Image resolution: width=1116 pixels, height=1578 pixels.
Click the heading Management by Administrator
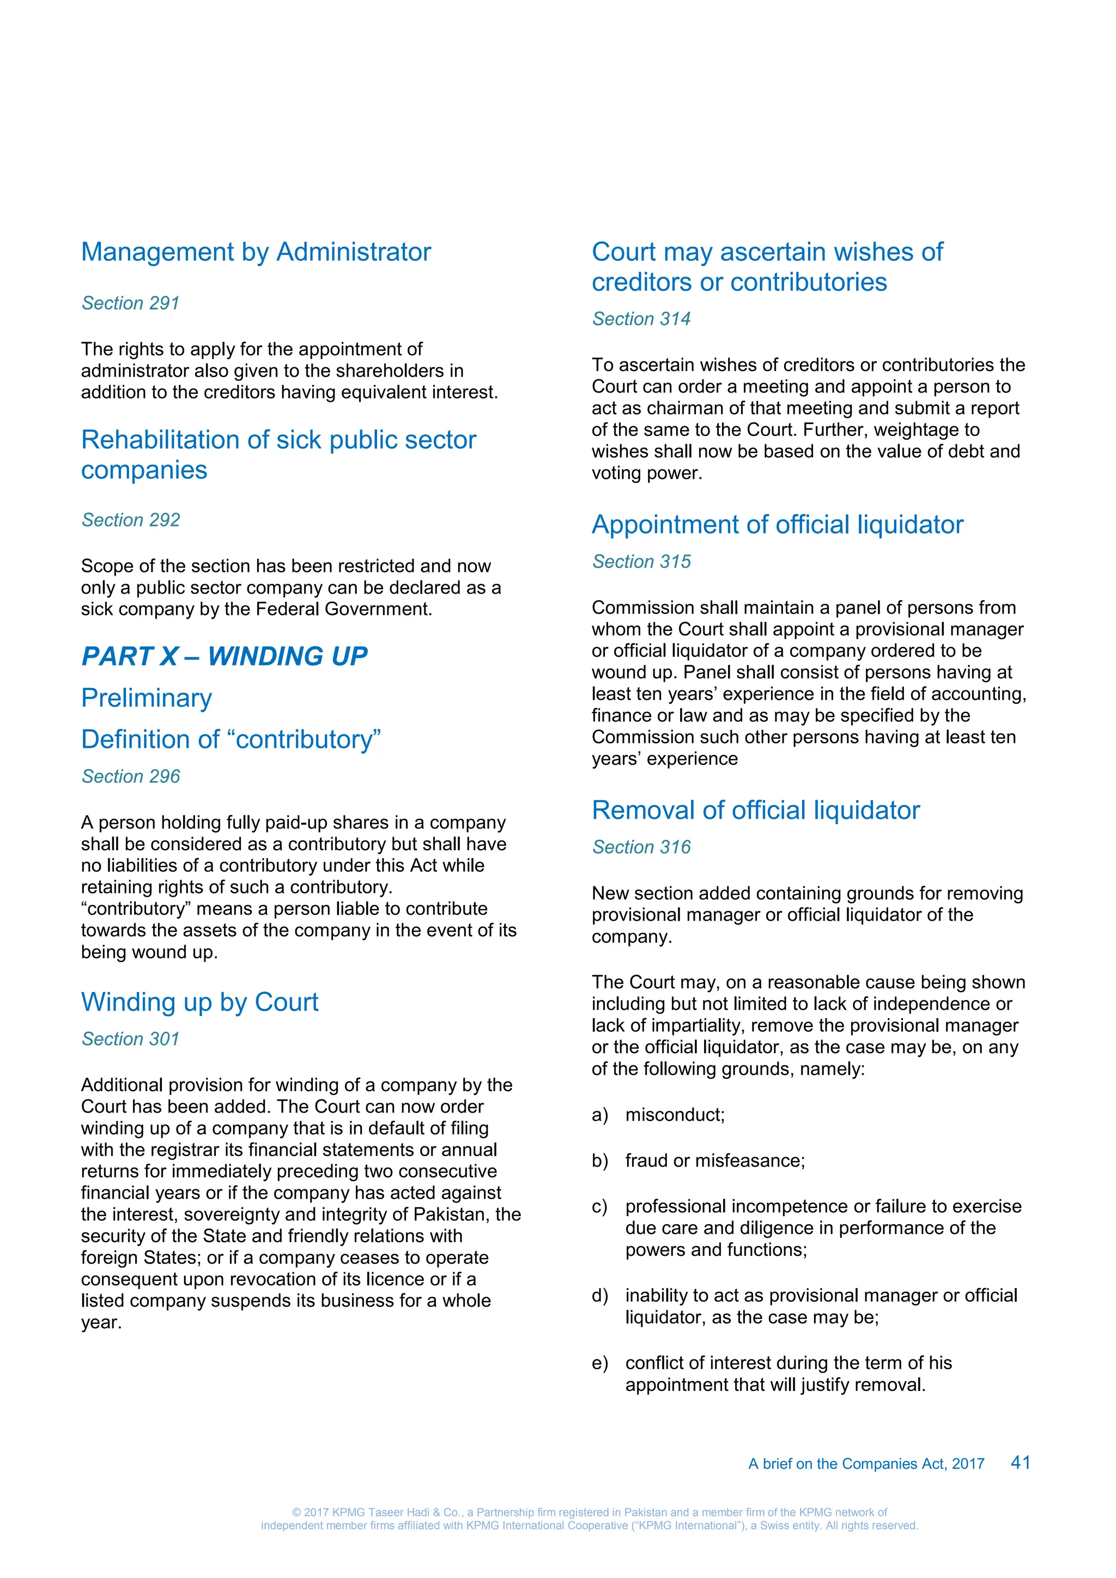(256, 252)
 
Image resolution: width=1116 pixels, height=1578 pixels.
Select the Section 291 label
(131, 303)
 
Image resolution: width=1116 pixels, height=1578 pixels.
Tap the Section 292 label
(131, 519)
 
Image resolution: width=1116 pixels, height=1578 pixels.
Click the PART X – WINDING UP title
(224, 656)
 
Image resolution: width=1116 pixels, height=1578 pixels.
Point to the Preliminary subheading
(147, 698)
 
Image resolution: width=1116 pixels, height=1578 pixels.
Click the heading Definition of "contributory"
(231, 740)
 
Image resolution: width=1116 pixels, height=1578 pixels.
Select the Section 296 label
(131, 776)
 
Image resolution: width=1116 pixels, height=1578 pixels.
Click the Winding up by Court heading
(199, 1002)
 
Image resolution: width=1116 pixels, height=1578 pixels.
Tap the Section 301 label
(131, 1038)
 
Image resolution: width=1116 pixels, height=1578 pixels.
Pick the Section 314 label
(641, 319)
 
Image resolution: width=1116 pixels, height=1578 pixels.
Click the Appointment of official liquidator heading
(777, 524)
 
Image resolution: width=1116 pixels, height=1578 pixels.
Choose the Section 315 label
(641, 561)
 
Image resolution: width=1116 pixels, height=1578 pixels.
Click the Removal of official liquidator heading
(755, 811)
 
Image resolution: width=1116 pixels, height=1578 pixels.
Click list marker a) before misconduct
(599, 1115)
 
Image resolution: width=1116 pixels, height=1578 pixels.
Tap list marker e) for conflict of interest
(599, 1363)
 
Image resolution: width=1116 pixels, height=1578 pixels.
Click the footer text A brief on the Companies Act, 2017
(866, 1464)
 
